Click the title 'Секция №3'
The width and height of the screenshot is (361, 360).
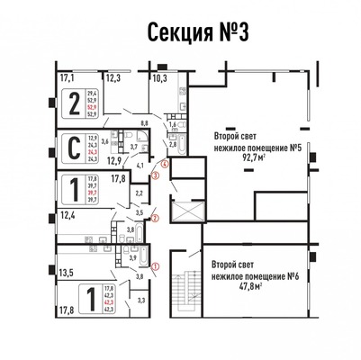tap(180, 33)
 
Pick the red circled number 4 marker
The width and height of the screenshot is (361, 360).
tap(163, 164)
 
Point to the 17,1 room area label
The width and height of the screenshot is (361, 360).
tap(67, 78)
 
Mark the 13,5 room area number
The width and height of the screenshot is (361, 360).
tap(66, 269)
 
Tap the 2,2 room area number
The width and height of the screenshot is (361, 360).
tap(139, 192)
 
